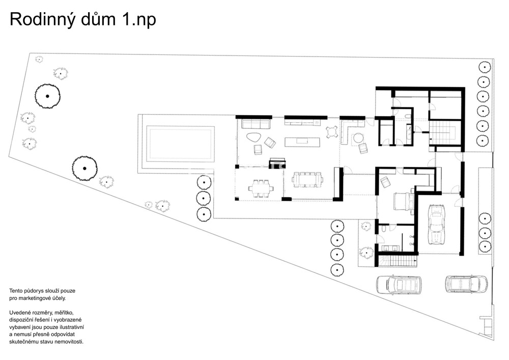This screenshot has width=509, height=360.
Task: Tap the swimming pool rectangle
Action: [x=180, y=143]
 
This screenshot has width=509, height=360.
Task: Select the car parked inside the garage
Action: [x=436, y=224]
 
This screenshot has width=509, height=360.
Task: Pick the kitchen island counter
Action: [x=302, y=141]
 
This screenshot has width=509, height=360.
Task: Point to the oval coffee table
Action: [x=253, y=136]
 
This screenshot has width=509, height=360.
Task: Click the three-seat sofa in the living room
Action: [x=256, y=124]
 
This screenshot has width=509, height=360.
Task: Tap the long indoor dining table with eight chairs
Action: [x=307, y=179]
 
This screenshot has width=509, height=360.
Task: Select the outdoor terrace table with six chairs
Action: [x=261, y=188]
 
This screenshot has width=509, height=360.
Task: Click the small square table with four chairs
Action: [x=332, y=131]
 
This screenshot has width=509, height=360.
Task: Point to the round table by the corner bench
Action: [x=358, y=137]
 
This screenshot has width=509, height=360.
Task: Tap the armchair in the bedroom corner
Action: [x=385, y=181]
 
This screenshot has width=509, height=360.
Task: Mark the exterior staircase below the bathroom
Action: [x=399, y=261]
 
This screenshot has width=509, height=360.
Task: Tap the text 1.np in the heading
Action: [x=138, y=19]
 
